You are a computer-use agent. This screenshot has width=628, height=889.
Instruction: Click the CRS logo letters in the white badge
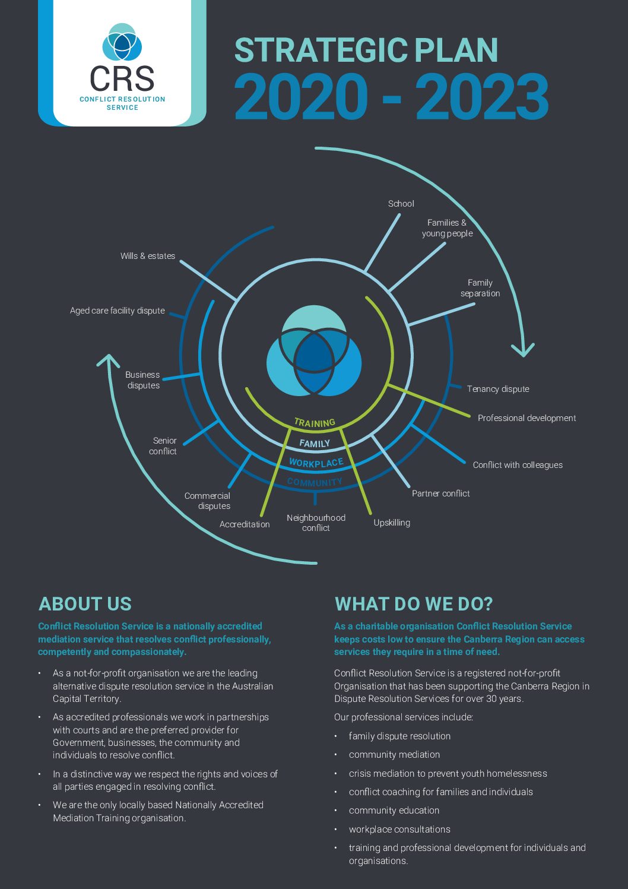[x=122, y=78]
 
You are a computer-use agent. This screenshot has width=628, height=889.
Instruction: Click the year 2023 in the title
[x=482, y=97]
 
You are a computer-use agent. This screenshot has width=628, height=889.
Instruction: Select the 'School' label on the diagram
[x=401, y=204]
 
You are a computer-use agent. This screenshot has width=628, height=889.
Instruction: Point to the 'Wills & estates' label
[x=148, y=256]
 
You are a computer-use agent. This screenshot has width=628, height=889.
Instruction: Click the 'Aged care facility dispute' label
[x=118, y=311]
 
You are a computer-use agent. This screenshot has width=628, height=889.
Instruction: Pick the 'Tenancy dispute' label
[x=498, y=389]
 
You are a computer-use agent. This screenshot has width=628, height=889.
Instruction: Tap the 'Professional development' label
[x=526, y=418]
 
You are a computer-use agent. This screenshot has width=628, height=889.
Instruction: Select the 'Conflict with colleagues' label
[x=518, y=465]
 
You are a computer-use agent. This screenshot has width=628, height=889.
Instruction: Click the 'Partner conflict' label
[x=440, y=493]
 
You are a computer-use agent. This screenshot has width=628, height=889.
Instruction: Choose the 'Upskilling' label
[x=392, y=523]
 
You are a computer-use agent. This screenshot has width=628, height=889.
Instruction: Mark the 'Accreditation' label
[x=245, y=524]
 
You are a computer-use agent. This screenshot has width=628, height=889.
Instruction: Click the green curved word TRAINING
[x=315, y=423]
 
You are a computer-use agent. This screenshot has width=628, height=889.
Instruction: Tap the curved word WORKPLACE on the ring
[x=316, y=463]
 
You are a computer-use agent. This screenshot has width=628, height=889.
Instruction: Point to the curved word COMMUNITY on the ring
[x=315, y=482]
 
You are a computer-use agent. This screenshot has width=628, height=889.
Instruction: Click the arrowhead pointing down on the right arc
[x=523, y=350]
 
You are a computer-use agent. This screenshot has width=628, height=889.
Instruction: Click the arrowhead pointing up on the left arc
[x=108, y=360]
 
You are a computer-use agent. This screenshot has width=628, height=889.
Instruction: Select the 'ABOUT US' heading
[x=85, y=603]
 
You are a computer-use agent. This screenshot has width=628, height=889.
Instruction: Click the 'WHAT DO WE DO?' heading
[x=413, y=603]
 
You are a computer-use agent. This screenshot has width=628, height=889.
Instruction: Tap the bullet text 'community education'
[x=394, y=810]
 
